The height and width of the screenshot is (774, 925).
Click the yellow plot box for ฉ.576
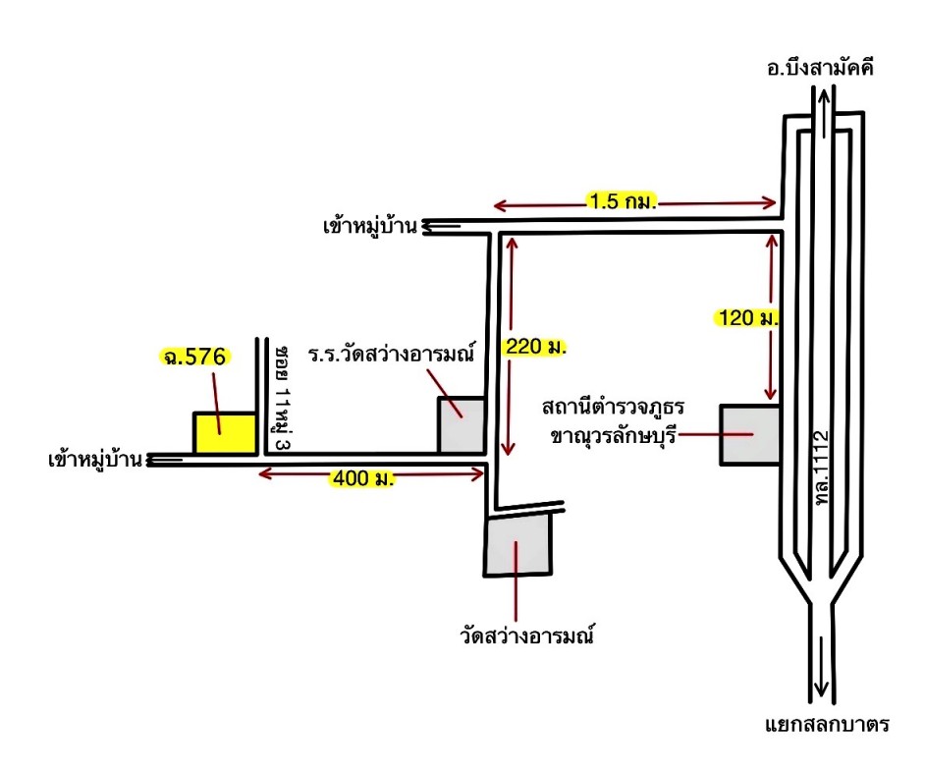(x=225, y=433)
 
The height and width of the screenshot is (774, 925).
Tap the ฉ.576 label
(x=195, y=357)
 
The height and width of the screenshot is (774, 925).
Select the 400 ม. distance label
(x=362, y=477)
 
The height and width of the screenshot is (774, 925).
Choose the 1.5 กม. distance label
(x=623, y=201)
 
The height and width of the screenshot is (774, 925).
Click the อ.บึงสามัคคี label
(x=820, y=69)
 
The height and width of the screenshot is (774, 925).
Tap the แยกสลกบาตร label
(x=827, y=724)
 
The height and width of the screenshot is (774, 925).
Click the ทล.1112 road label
(x=821, y=468)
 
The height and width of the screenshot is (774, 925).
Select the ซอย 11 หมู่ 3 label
(x=283, y=399)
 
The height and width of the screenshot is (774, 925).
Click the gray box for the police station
(x=750, y=435)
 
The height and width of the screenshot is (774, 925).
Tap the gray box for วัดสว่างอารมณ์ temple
(x=517, y=544)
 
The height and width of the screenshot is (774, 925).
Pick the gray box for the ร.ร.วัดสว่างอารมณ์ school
(x=462, y=425)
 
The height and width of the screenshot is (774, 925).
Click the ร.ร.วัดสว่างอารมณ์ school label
(x=391, y=354)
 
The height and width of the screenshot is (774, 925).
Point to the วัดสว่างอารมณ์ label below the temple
(x=526, y=636)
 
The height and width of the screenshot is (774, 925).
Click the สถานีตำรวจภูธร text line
(x=613, y=407)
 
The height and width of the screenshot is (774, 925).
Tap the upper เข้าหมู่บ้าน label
(x=370, y=226)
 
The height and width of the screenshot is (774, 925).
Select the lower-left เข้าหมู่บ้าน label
(x=95, y=460)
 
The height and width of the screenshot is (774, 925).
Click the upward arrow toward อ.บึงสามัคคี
(x=825, y=112)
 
